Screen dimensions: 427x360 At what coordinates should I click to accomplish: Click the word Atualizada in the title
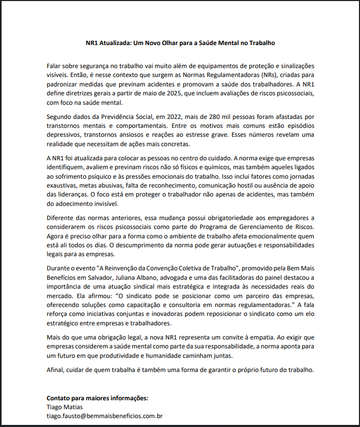(x=116, y=43)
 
